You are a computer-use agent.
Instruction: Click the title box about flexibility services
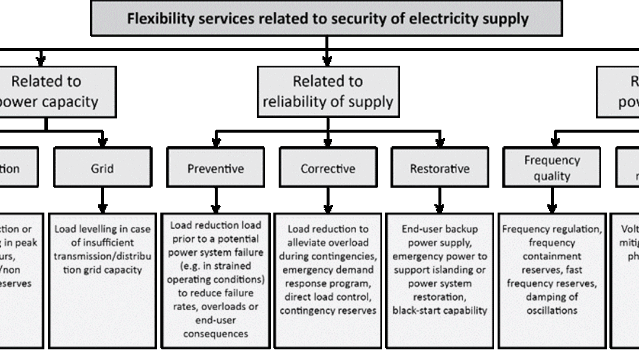[x=326, y=18]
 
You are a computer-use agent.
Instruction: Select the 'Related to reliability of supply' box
[x=328, y=91]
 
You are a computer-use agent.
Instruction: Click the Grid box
[x=102, y=168]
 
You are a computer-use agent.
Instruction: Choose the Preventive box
[x=215, y=168]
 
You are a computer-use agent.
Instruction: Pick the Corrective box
[x=328, y=168]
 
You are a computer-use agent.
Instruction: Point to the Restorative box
[x=440, y=168]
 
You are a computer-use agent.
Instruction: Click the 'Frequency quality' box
[x=551, y=168]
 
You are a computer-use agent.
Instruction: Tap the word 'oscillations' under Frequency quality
[x=551, y=310]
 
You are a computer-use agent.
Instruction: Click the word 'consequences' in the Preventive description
[x=215, y=334]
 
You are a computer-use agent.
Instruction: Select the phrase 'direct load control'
[x=328, y=297]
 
